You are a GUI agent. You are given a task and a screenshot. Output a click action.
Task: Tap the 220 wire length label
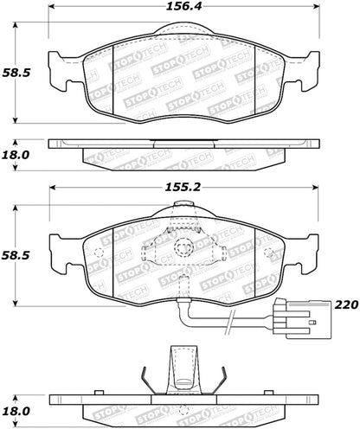[x=345, y=304]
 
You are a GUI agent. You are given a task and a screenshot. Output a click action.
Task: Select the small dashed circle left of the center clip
[x=98, y=253]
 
